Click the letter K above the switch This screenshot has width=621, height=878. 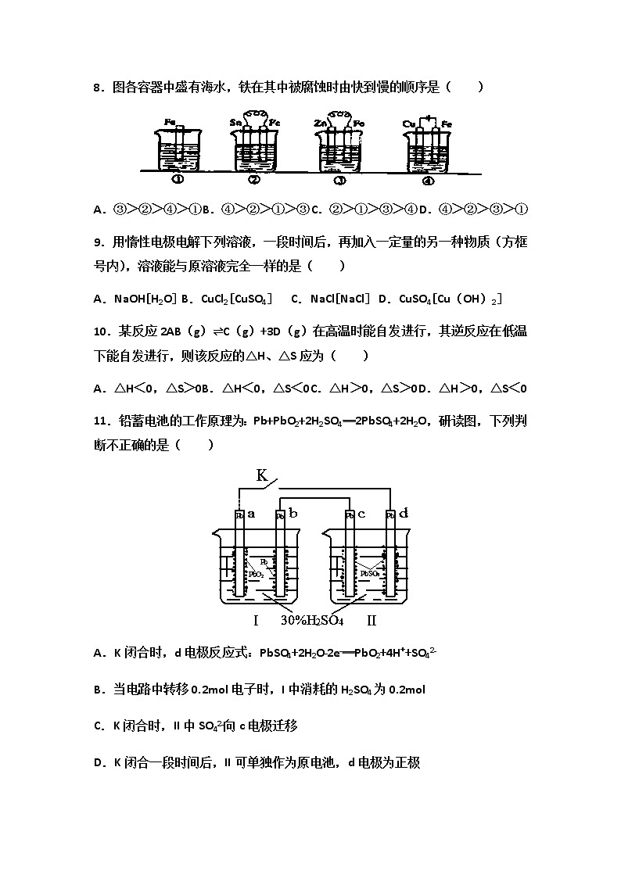click(262, 475)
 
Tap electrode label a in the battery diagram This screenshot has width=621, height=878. click(251, 514)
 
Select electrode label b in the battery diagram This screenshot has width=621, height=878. click(293, 514)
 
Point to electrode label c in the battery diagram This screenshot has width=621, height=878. click(361, 514)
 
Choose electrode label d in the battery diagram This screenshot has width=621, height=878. click(403, 514)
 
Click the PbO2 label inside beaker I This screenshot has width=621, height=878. click(255, 574)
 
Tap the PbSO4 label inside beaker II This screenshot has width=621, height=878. click(370, 574)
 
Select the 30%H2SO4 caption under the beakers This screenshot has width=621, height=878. click(312, 622)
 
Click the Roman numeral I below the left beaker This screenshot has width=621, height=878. click(256, 622)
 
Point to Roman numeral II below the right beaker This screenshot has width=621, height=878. click(372, 622)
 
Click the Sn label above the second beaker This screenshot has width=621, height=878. click(236, 123)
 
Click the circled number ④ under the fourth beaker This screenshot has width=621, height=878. click(428, 180)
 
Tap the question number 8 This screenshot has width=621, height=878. click(98, 88)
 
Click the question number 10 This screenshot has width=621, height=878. click(102, 331)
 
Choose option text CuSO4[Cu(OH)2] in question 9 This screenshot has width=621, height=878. click(450, 299)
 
